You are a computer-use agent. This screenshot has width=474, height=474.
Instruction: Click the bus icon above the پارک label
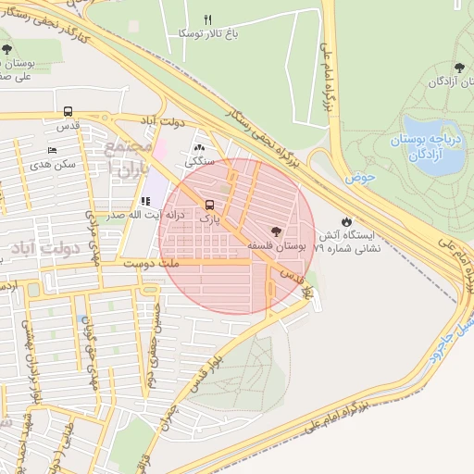pos(210,205)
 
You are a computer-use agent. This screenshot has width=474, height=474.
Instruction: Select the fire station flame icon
pos(346,222)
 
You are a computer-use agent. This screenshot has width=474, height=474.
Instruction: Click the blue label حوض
pos(361,176)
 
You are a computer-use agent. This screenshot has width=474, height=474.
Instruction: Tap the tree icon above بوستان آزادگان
pos(459,67)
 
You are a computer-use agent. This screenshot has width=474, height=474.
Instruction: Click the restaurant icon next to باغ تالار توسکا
pos(208,19)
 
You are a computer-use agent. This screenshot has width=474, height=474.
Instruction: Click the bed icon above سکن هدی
pos(52,149)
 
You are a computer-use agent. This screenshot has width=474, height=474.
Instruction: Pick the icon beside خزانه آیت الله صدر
pos(145,200)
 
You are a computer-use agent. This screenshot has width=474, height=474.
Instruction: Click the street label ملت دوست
pos(158,265)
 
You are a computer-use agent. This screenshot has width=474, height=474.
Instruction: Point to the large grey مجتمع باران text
pos(126,156)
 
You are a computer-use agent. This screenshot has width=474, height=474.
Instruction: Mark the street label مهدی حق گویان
pos(90,352)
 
